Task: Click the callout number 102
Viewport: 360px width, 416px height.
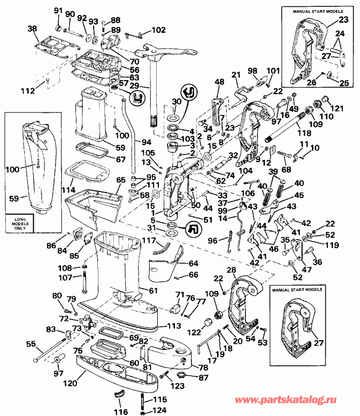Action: [159, 30]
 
